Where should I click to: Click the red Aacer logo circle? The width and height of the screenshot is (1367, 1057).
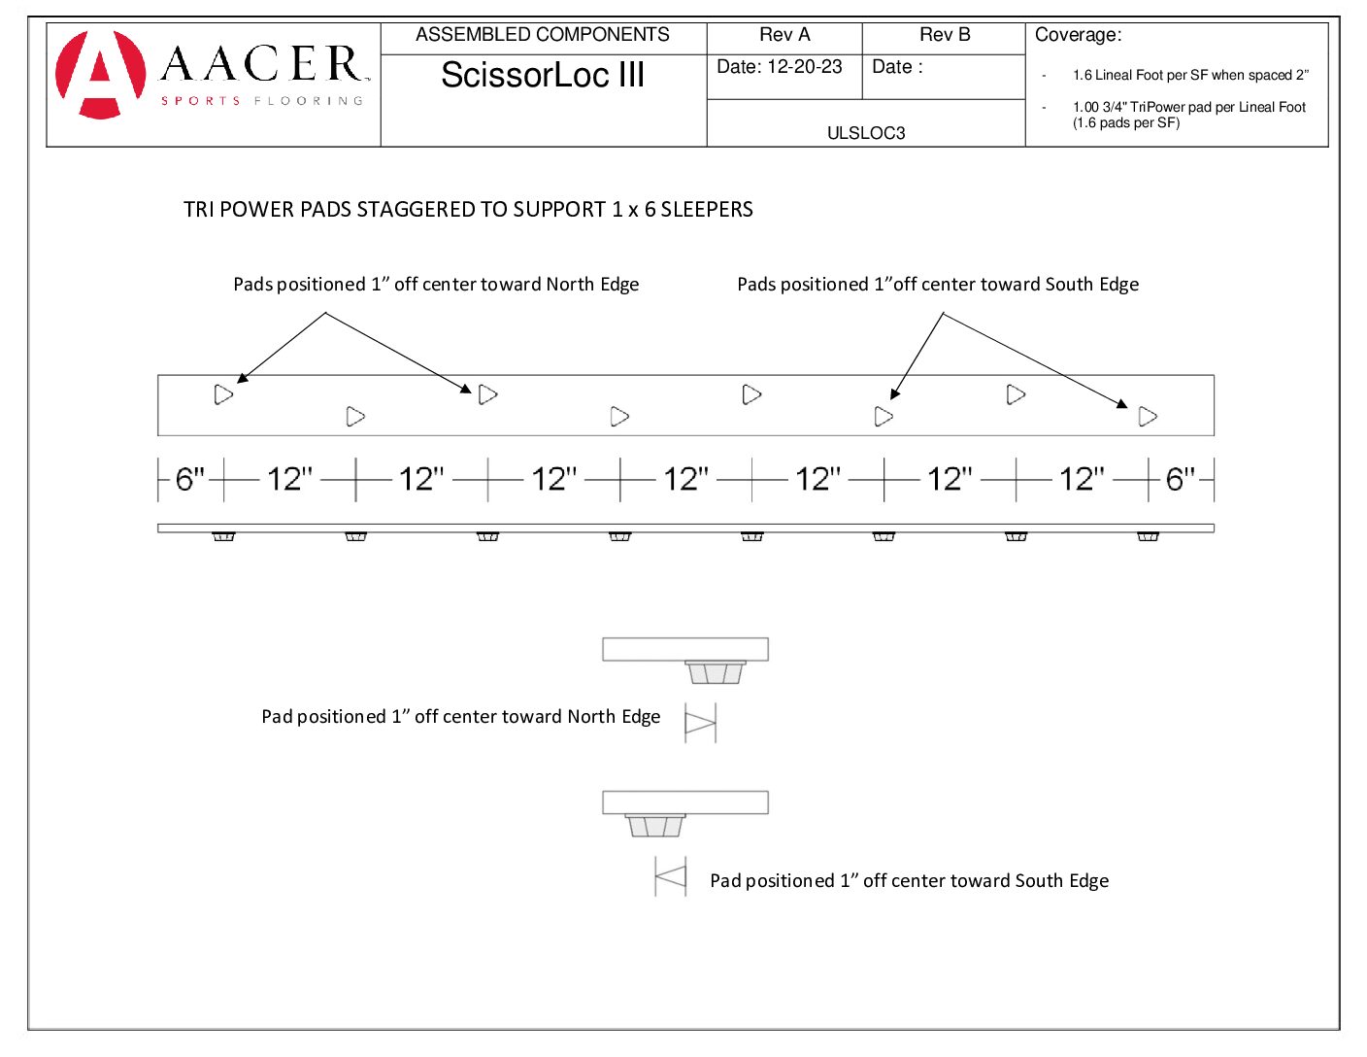[100, 75]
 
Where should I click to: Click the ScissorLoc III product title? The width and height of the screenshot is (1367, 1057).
[543, 75]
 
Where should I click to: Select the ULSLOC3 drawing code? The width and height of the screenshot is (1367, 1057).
[866, 133]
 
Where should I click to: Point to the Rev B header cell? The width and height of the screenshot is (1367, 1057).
[944, 35]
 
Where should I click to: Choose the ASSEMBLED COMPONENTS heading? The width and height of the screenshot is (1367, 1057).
[543, 35]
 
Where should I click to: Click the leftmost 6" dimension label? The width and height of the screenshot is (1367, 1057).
[190, 479]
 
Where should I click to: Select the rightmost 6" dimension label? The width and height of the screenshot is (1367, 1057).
[1181, 479]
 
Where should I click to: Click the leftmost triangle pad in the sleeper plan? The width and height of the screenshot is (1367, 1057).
[223, 394]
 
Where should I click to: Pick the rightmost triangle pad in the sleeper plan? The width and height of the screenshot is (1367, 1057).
[1148, 417]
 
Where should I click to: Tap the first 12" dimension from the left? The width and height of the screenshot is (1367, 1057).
[289, 479]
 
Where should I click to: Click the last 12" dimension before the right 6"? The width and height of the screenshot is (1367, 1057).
[1082, 479]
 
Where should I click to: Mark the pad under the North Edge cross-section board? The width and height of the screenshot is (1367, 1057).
[716, 672]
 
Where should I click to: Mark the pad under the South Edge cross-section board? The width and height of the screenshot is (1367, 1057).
[654, 826]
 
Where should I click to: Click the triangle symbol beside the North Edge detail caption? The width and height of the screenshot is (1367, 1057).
[700, 723]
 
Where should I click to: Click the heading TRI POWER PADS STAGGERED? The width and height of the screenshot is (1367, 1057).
[468, 210]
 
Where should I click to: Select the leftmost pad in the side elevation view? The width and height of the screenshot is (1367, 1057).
[223, 536]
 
